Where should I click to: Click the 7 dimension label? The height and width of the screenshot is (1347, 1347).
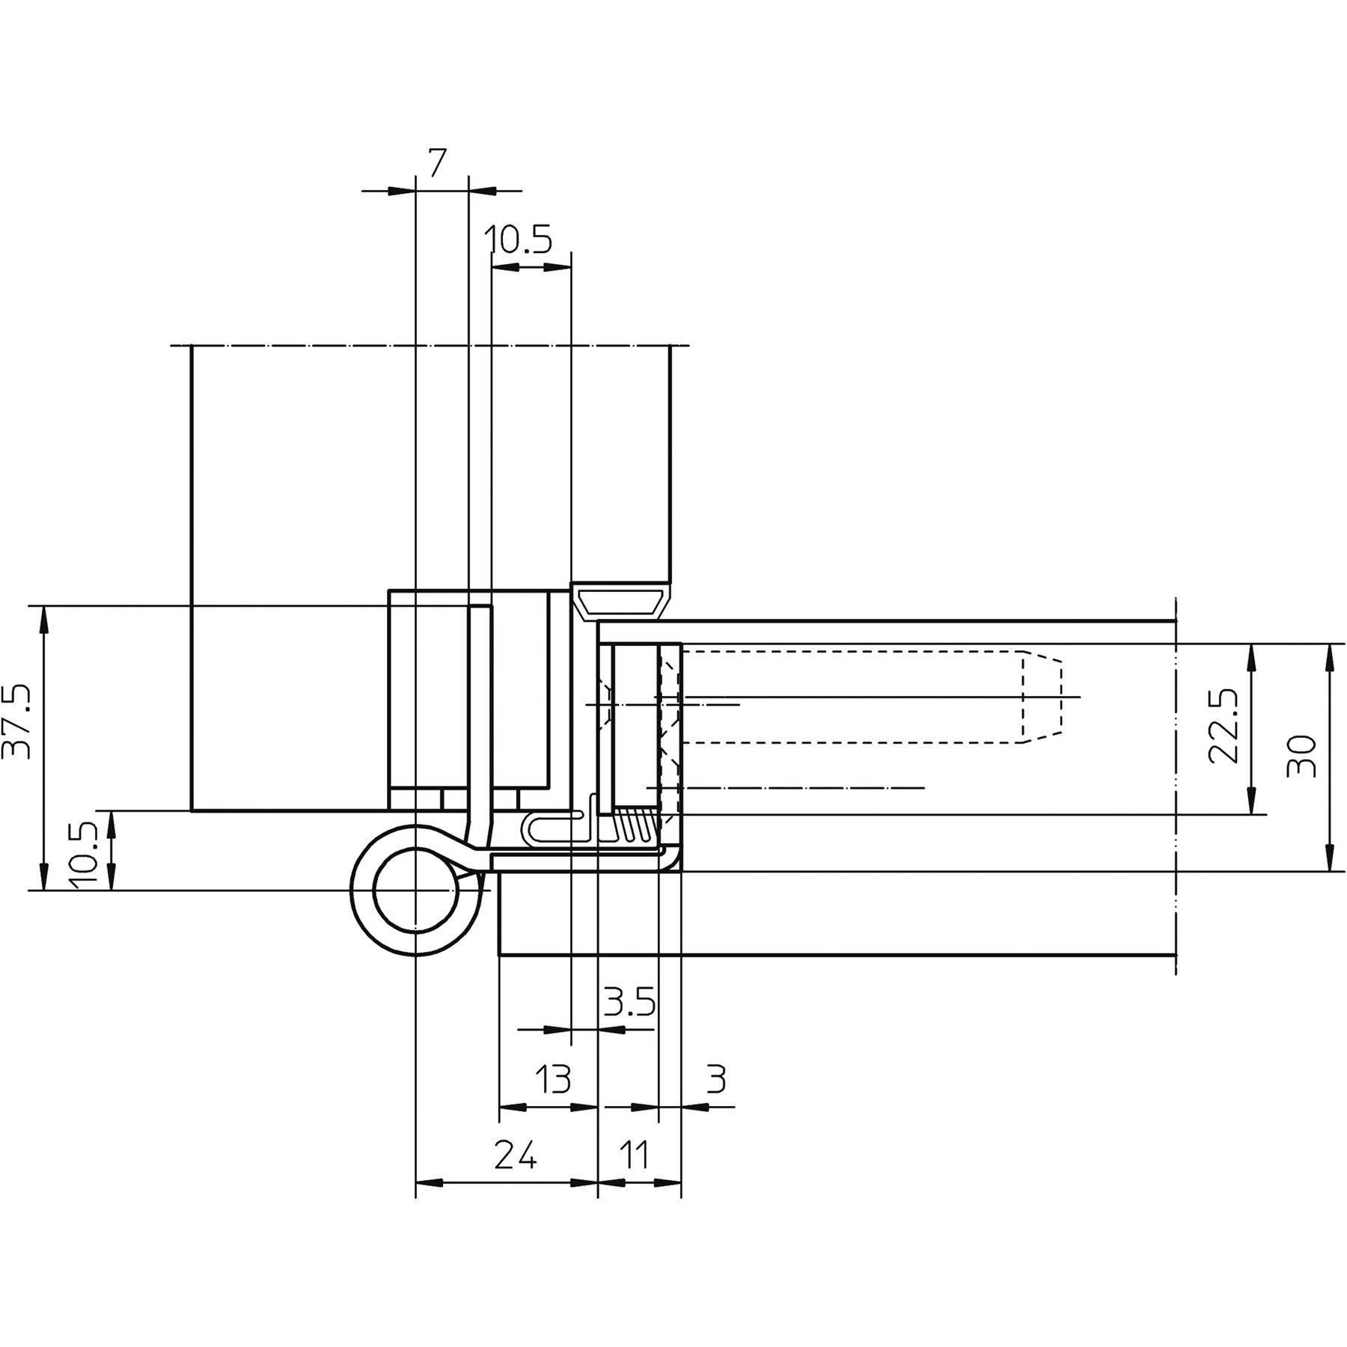point(438,162)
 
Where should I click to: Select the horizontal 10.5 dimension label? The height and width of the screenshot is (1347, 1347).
point(518,240)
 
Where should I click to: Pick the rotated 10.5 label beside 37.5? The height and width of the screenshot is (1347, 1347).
point(84,855)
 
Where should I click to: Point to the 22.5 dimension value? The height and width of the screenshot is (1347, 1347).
point(1224,726)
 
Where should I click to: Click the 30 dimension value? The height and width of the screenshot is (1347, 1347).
point(1301,757)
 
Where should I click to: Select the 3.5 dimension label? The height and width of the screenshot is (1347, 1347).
point(630,1002)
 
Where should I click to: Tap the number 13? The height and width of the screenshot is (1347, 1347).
point(553,1079)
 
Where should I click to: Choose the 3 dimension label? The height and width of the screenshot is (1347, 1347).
point(716,1079)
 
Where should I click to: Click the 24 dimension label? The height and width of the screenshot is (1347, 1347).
point(516,1156)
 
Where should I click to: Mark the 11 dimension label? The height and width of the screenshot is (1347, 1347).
point(635,1156)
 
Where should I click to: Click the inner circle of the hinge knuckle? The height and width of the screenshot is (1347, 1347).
point(415,891)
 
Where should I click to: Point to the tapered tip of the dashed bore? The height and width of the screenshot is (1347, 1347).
point(1042,697)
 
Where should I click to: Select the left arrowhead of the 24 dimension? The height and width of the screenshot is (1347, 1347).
point(430,1182)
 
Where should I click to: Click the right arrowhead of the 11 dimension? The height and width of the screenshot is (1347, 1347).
point(668,1182)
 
